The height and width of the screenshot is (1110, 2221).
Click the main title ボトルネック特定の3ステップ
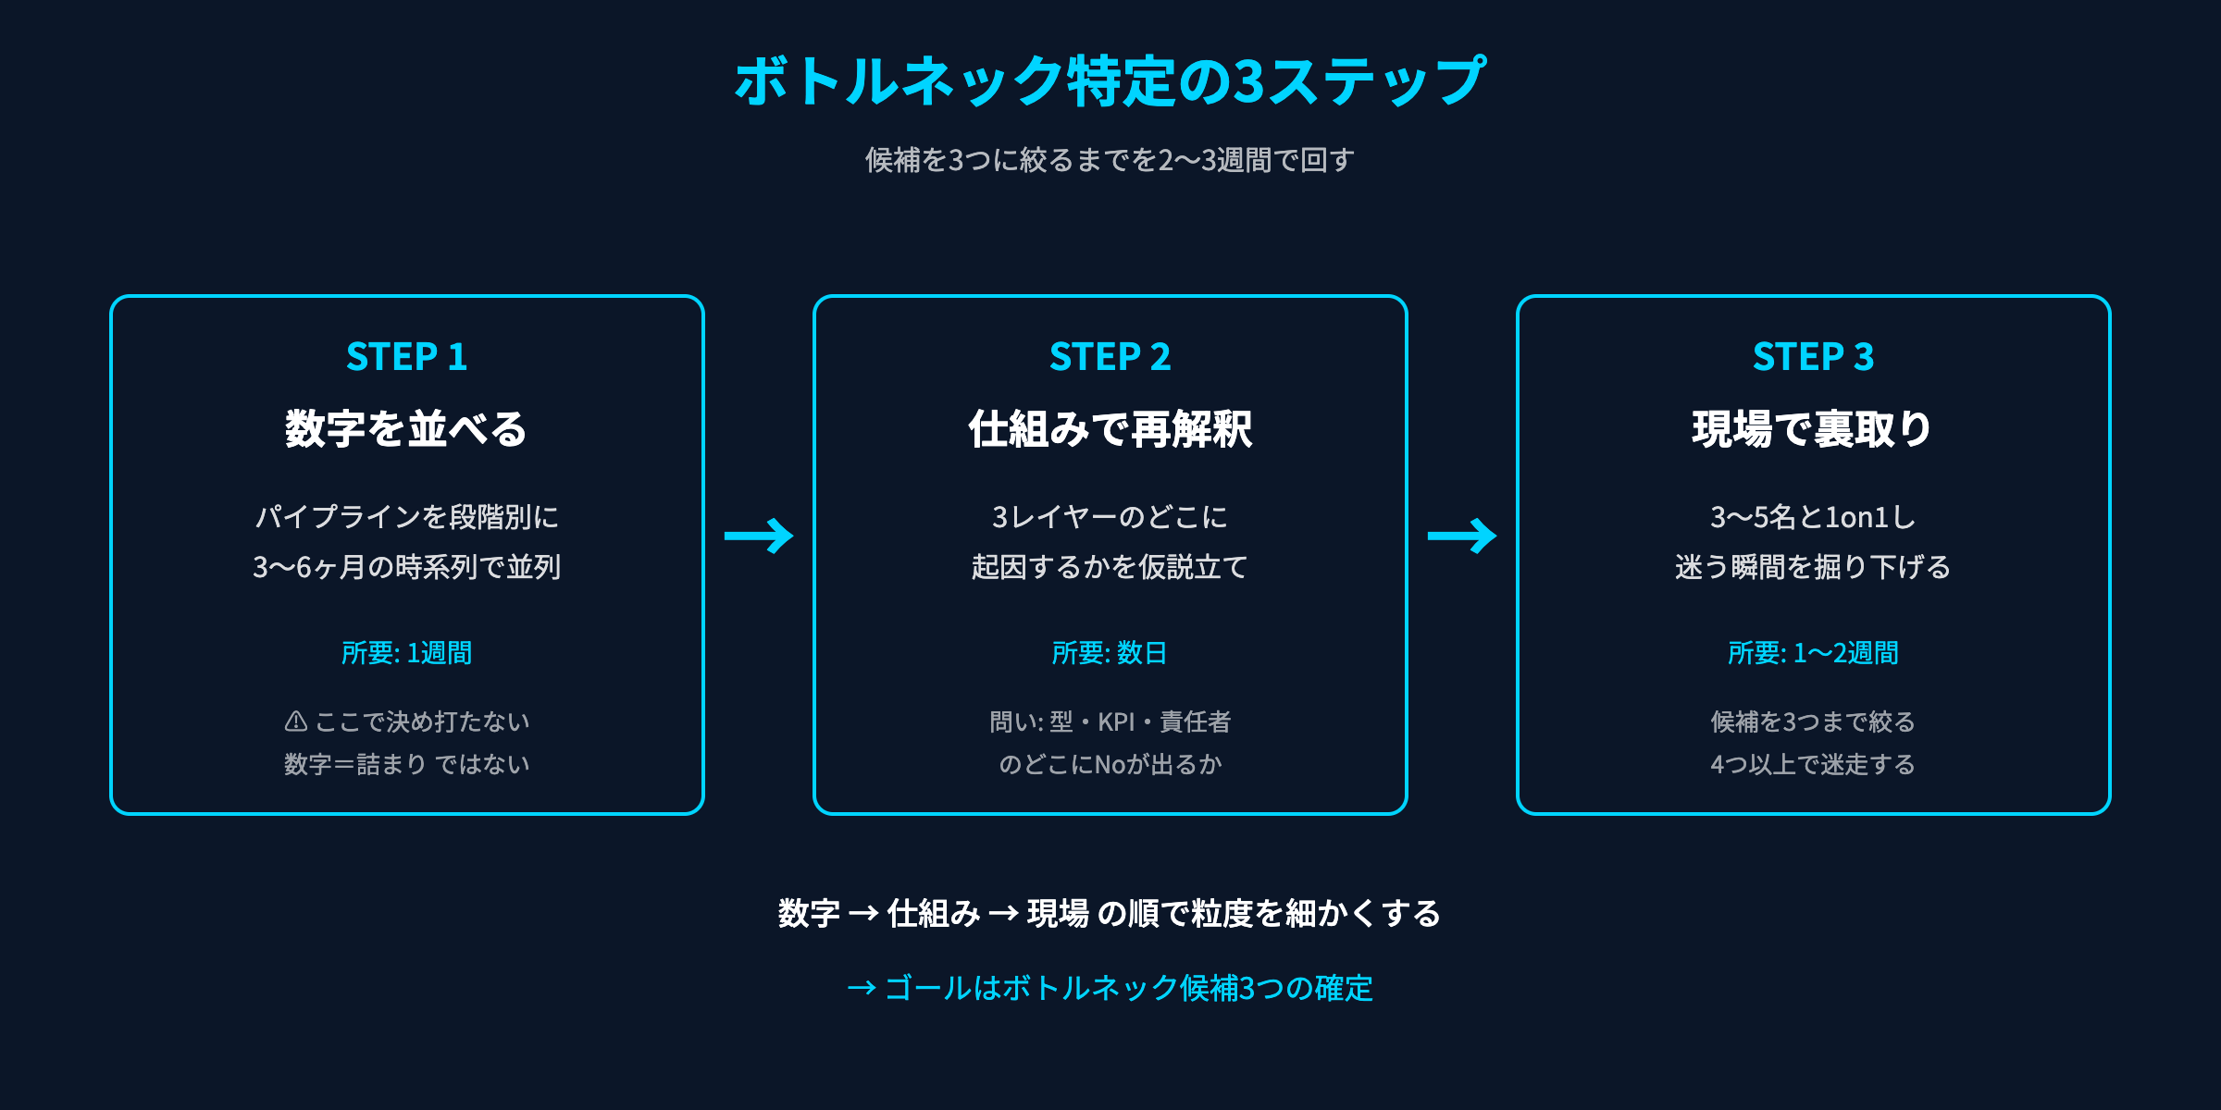coord(1110,81)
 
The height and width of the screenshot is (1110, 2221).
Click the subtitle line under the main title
coord(1110,160)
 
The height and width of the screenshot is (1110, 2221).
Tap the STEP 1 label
coord(406,357)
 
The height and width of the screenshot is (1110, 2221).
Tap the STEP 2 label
coord(1110,357)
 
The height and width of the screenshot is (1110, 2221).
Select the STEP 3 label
coord(1813,357)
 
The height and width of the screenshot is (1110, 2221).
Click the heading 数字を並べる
coord(406,429)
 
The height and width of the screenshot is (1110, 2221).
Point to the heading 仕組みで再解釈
coord(1110,429)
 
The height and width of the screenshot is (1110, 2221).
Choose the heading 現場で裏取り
coord(1813,429)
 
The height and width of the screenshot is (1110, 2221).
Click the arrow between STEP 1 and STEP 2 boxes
coord(759,536)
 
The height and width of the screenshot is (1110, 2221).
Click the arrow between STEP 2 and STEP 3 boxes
coord(1462,536)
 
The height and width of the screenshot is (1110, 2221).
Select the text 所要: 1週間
coord(406,653)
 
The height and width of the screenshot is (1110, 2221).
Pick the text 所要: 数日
coord(1110,653)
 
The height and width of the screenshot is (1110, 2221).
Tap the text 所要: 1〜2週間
coord(1813,653)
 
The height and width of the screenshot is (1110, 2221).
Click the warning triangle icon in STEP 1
coord(296,721)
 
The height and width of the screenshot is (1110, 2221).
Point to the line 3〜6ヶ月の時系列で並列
coord(406,566)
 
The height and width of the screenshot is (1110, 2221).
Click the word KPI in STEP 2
coord(1116,721)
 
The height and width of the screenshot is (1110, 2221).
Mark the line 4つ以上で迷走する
coord(1813,764)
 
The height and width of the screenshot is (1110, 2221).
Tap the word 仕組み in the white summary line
coord(933,914)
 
